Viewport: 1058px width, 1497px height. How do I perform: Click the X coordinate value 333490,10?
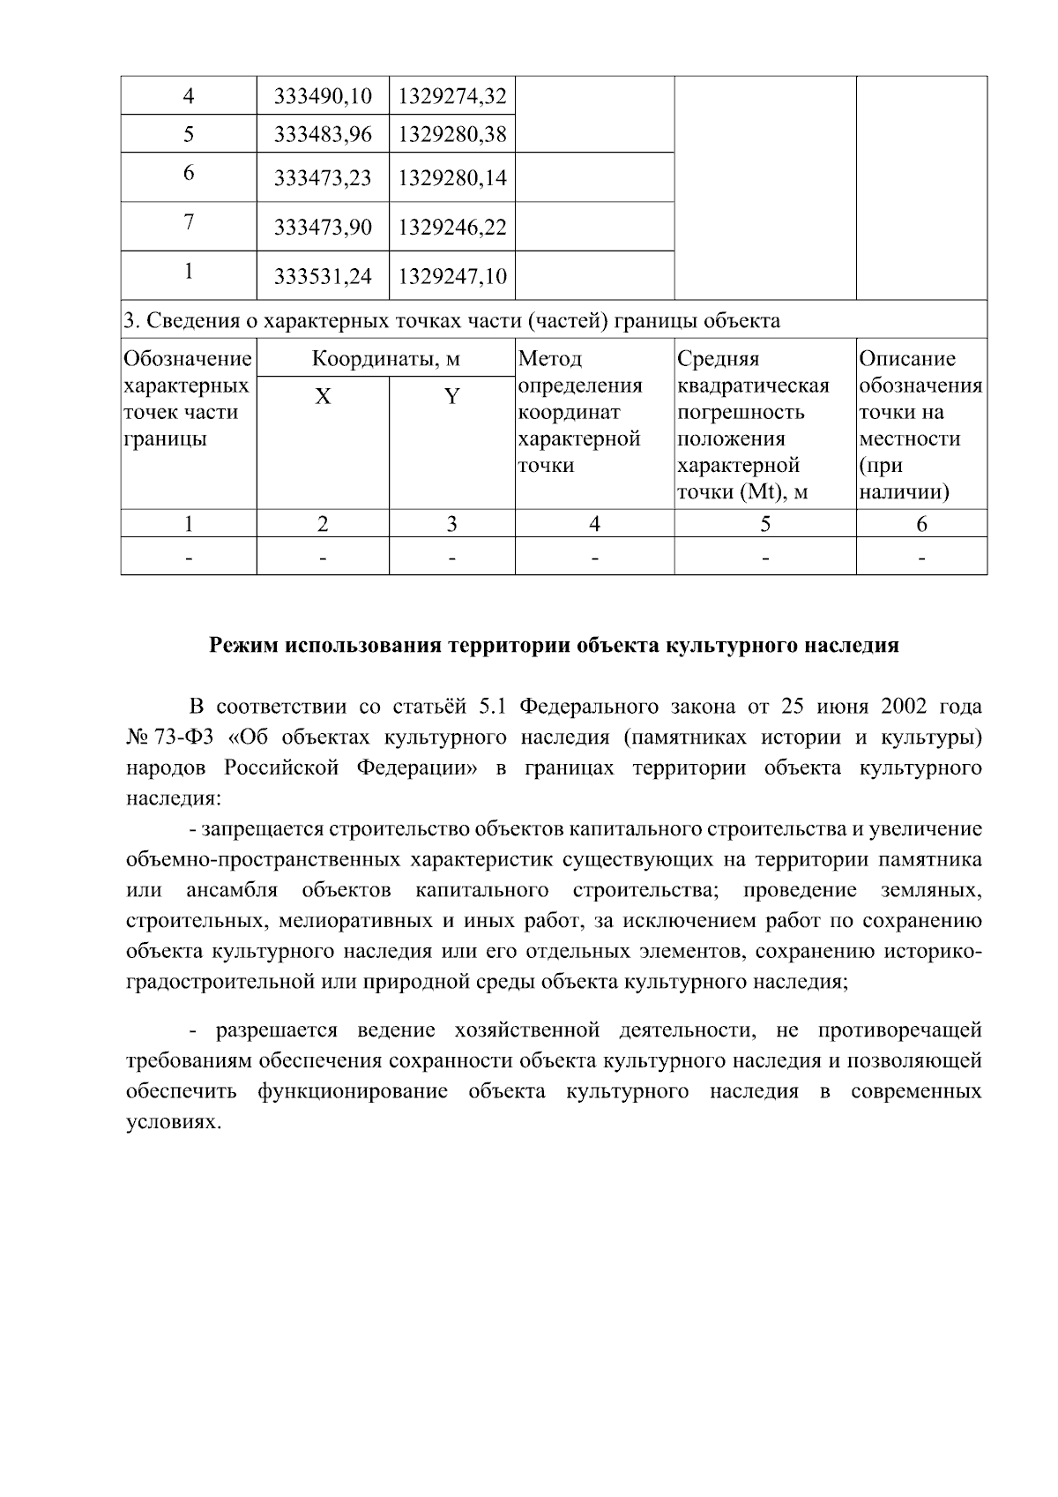click(323, 95)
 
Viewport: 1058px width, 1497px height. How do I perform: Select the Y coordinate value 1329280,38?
click(452, 134)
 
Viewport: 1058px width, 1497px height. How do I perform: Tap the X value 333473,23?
click(323, 178)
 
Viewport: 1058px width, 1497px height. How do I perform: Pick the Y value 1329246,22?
click(452, 228)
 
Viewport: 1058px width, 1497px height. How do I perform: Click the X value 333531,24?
click(323, 277)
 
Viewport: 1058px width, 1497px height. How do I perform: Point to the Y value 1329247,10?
click(452, 277)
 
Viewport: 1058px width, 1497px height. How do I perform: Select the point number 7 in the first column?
click(189, 222)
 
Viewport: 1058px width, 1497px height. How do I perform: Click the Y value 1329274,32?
click(452, 95)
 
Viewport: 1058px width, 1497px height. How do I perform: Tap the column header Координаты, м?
click(386, 359)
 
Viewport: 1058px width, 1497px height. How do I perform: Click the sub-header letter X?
click(324, 397)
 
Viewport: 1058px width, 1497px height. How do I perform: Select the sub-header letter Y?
click(451, 397)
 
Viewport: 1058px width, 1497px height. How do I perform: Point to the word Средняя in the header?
click(718, 359)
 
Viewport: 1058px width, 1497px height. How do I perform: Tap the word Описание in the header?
click(907, 359)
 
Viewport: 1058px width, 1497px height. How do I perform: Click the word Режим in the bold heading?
click(242, 646)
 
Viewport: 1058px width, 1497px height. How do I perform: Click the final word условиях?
click(171, 1122)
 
